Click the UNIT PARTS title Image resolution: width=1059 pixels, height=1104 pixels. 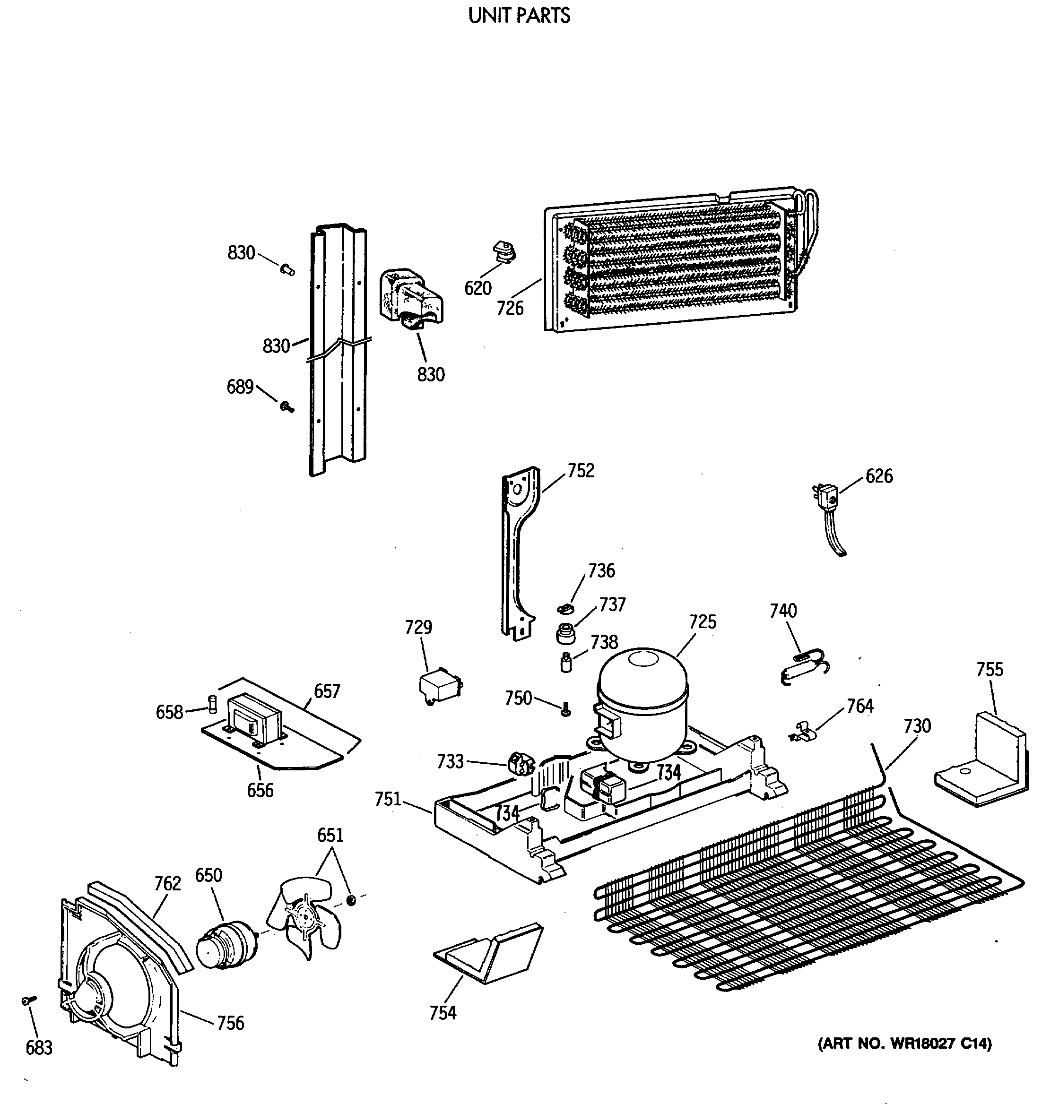click(519, 15)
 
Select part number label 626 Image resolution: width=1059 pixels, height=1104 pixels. click(879, 476)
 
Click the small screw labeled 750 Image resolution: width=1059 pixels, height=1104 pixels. click(566, 711)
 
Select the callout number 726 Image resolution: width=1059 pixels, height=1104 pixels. click(510, 308)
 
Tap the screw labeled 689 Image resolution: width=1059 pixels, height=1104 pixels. click(287, 405)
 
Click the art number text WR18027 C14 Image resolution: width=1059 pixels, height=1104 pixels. click(904, 1044)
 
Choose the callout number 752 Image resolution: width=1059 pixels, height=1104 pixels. click(581, 470)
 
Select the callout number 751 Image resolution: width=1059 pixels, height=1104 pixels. click(388, 799)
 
